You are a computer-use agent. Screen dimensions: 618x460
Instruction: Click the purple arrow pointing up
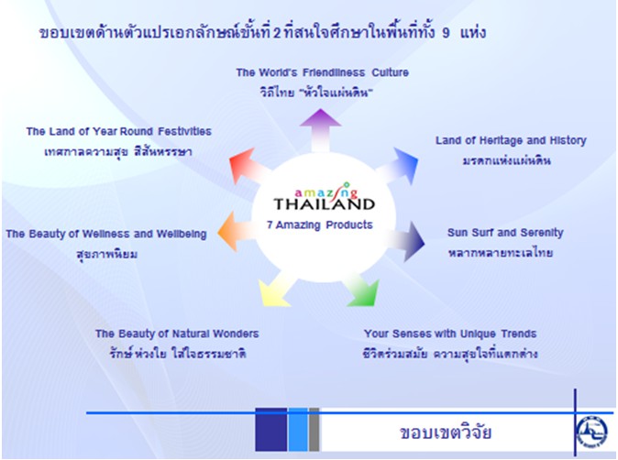pyautogui.click(x=320, y=130)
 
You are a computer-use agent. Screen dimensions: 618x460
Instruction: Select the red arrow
pyautogui.click(x=248, y=166)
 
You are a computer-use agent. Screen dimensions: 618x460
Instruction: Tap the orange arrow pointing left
pyautogui.click(x=237, y=231)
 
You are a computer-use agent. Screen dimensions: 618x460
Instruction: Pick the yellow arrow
pyautogui.click(x=276, y=292)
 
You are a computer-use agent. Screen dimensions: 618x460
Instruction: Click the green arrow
pyautogui.click(x=362, y=291)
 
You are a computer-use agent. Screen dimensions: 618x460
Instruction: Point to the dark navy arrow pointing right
pyautogui.click(x=406, y=241)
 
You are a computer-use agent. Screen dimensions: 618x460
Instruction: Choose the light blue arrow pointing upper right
pyautogui.click(x=398, y=166)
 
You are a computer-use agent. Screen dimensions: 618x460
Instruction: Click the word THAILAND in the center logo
pyautogui.click(x=324, y=204)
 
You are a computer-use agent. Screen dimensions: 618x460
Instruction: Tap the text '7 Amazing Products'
pyautogui.click(x=320, y=225)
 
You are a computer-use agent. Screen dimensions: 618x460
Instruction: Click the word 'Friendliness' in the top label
pyautogui.click(x=334, y=72)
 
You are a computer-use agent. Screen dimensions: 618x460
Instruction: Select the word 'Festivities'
pyautogui.click(x=184, y=131)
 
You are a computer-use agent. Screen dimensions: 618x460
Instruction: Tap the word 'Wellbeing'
pyautogui.click(x=182, y=234)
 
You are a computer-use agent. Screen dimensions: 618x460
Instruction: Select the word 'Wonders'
pyautogui.click(x=236, y=334)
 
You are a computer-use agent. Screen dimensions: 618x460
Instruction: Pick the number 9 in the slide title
pyautogui.click(x=446, y=33)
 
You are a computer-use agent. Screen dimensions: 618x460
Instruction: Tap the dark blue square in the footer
pyautogui.click(x=270, y=430)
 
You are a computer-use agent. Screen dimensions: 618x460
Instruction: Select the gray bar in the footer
pyautogui.click(x=315, y=430)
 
